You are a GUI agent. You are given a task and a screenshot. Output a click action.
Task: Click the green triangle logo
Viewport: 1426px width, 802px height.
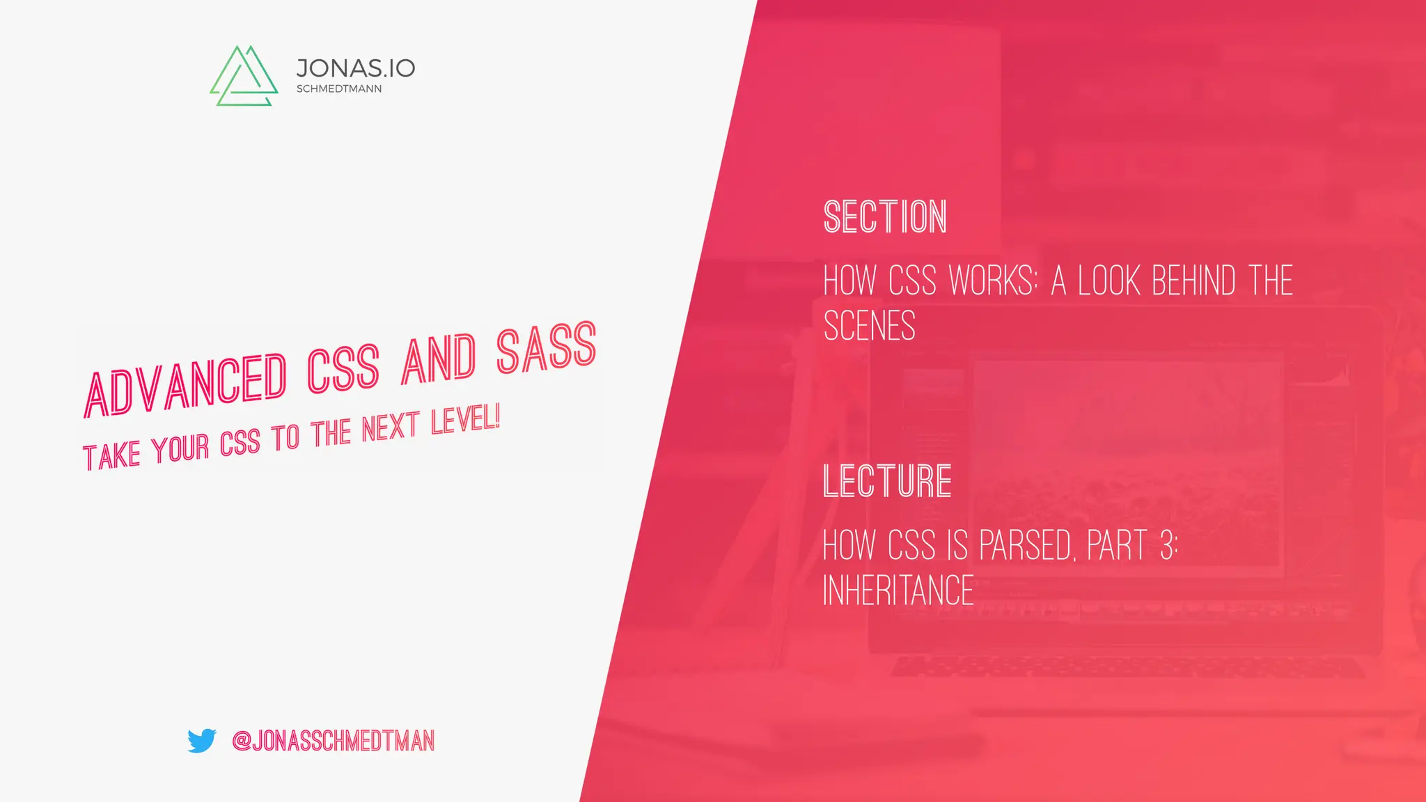coord(244,77)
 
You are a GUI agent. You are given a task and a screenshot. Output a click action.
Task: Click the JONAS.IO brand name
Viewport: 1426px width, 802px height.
coord(355,68)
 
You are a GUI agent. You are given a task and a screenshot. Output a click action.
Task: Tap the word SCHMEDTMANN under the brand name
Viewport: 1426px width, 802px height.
coord(339,89)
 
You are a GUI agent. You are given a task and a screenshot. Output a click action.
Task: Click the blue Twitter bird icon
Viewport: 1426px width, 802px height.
coord(202,741)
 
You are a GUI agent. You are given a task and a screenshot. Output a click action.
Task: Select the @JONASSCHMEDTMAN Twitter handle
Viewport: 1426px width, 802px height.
coord(333,741)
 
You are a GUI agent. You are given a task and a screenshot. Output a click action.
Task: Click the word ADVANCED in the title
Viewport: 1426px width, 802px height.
coord(185,386)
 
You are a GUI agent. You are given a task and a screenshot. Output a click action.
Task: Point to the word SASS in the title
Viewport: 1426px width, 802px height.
coord(547,347)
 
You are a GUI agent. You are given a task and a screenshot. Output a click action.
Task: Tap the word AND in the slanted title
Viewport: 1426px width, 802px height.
coord(439,360)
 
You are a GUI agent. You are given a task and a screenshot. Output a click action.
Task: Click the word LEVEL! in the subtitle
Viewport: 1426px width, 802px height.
coord(465,420)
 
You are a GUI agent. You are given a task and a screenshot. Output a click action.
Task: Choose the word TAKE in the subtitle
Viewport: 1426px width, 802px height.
coord(111,457)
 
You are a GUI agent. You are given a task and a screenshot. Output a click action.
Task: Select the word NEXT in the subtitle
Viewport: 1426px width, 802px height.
coord(391,427)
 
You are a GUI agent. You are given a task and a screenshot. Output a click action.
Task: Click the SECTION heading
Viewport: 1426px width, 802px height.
coord(885,217)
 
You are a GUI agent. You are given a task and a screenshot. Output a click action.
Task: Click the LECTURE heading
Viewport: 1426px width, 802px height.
coord(887,481)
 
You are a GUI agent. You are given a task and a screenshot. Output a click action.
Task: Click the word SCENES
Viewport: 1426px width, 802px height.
coord(869,326)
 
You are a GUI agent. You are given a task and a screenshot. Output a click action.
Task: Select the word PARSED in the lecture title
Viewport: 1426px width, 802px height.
coord(1026,545)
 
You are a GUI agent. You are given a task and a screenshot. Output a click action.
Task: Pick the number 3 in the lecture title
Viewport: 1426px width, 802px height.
coord(1167,545)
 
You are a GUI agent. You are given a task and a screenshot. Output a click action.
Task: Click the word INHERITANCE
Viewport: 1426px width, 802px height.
coord(898,590)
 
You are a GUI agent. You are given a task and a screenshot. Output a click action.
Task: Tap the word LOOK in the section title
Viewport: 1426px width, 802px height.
coord(1110,281)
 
